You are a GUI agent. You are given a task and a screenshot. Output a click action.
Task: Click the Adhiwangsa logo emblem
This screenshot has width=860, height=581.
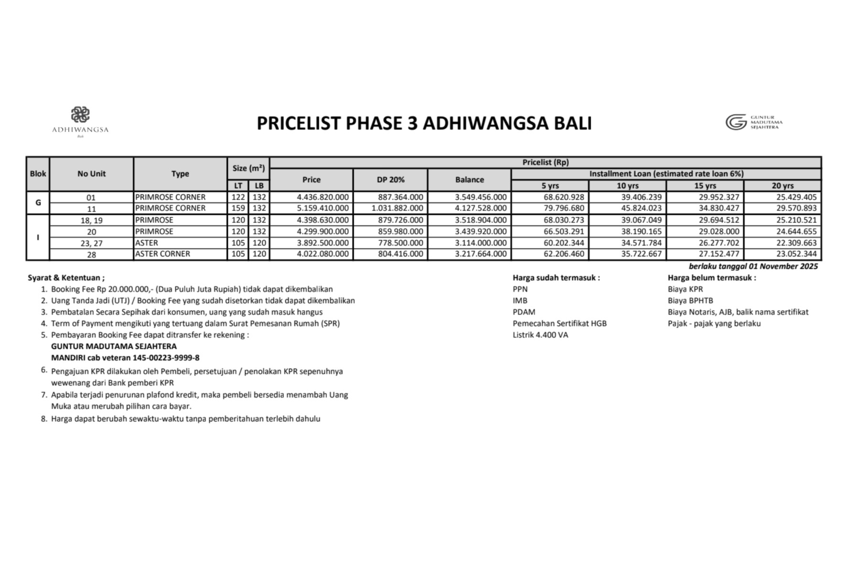pos(80,115)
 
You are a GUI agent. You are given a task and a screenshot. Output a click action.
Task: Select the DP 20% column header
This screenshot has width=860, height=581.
pos(390,180)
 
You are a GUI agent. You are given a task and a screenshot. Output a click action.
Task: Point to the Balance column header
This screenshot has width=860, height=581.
pos(469,180)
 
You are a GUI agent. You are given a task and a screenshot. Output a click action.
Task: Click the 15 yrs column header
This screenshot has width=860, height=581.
pos(705,186)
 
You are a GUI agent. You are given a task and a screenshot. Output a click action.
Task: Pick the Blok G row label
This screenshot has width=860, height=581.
pos(38,203)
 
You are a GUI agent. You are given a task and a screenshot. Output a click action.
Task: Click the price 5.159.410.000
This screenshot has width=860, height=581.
pos(322,208)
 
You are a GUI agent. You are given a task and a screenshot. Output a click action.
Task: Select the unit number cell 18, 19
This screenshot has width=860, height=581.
pos(91,220)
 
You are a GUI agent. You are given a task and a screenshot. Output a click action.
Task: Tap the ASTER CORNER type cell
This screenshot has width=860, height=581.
pos(162,254)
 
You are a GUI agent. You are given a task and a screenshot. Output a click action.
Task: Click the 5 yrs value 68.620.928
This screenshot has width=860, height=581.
pos(564,197)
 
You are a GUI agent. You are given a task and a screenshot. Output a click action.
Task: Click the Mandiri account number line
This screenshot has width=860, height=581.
pos(125,358)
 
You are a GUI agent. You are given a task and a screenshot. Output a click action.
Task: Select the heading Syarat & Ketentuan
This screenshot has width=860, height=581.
pos(66,278)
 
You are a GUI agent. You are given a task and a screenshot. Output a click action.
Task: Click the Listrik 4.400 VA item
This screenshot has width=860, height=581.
pos(540,335)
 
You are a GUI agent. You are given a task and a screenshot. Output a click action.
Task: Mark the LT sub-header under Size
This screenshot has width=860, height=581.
pos(238,186)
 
